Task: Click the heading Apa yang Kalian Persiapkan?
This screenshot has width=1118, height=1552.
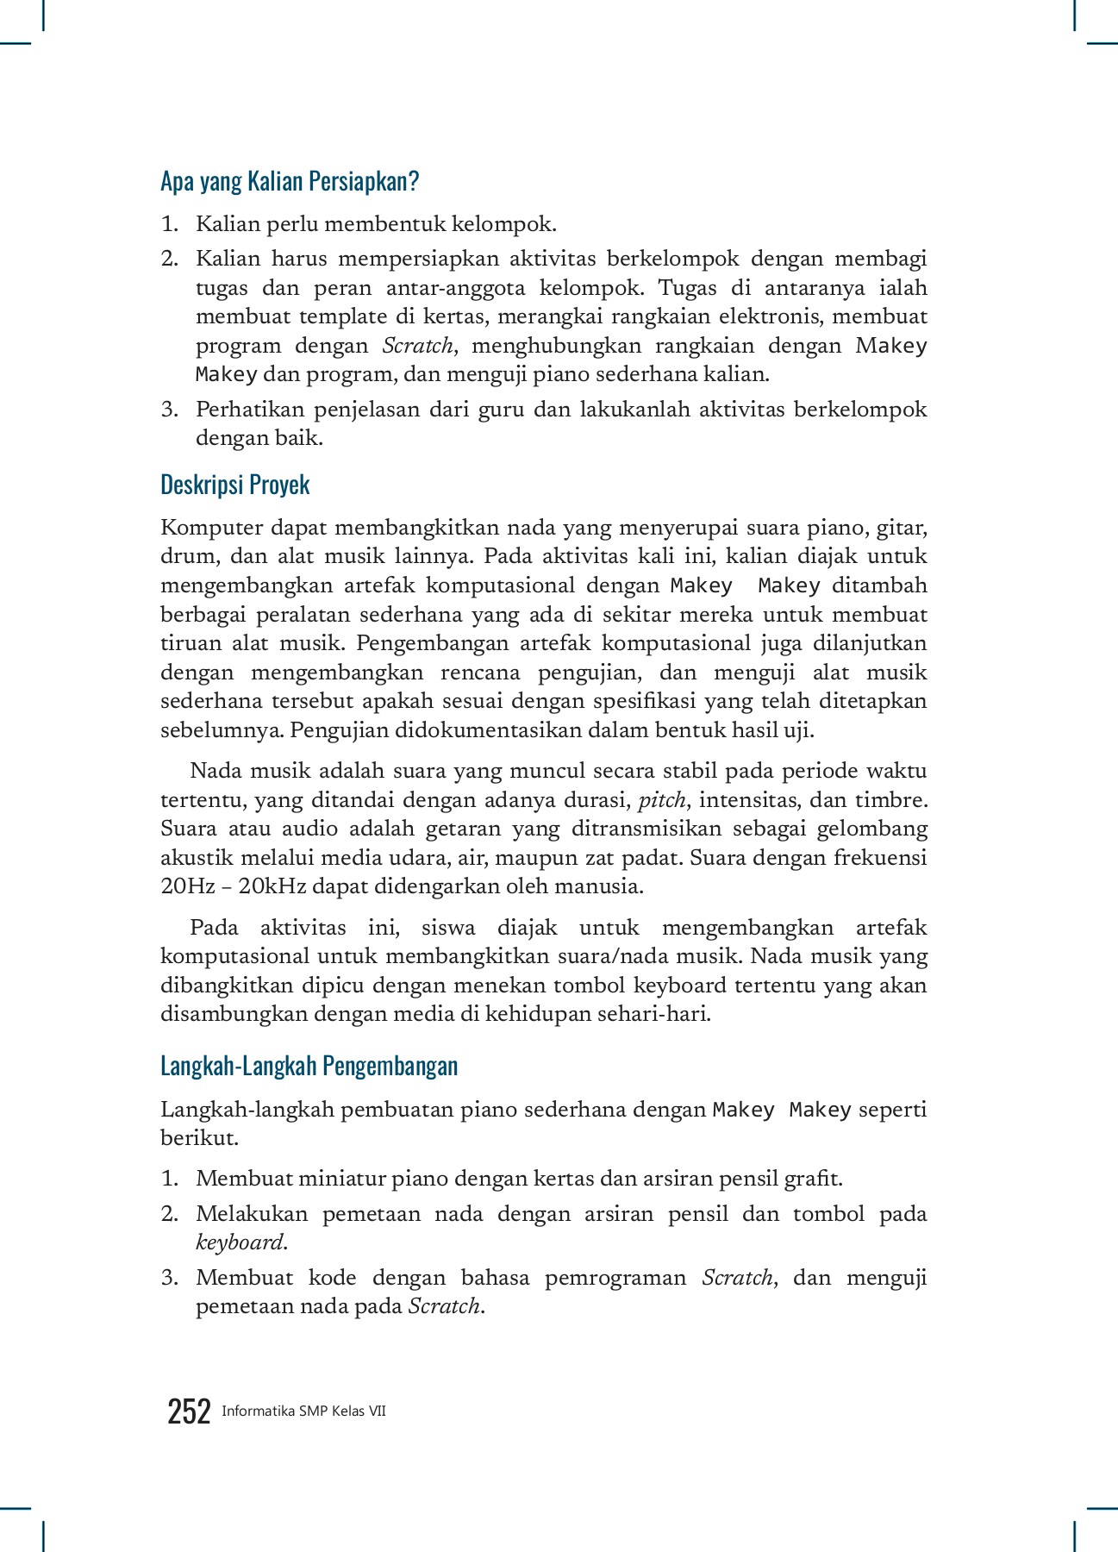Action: point(290,182)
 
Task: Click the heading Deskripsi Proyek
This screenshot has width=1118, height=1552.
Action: point(234,485)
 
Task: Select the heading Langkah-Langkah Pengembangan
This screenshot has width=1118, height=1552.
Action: point(309,1066)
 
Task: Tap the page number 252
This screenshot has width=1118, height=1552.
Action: point(189,1411)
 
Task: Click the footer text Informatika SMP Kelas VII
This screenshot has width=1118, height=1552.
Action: point(303,1411)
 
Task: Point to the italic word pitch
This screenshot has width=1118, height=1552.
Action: point(661,800)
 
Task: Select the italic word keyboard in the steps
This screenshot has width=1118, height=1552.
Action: point(240,1242)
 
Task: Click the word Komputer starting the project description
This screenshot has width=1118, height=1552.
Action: point(211,527)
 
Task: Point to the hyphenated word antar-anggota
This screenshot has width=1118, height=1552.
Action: point(454,287)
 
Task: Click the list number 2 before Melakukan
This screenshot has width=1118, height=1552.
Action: point(170,1214)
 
